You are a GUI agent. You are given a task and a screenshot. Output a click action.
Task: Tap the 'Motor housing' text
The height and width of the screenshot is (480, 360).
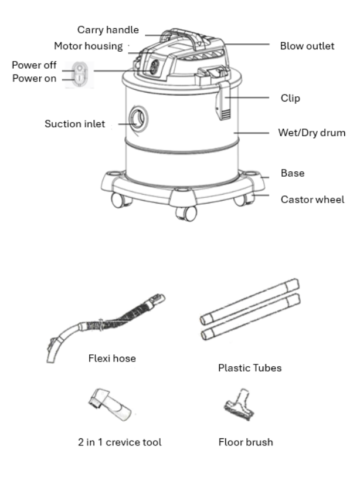click(x=88, y=46)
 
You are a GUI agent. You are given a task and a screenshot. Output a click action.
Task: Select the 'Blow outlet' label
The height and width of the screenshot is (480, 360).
click(x=307, y=46)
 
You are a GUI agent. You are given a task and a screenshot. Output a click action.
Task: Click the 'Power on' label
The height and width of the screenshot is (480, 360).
click(x=35, y=79)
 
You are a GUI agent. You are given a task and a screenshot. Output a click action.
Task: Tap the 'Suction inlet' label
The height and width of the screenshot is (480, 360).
click(x=75, y=124)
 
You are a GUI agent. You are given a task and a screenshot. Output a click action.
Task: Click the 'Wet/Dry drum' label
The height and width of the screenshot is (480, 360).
click(x=311, y=133)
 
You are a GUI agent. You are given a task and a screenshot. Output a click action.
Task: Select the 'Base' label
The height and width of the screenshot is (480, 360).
click(x=292, y=173)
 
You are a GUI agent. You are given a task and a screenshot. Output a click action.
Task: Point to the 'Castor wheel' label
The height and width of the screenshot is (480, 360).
click(x=312, y=200)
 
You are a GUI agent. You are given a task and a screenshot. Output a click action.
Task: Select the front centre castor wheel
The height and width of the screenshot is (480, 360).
click(x=185, y=213)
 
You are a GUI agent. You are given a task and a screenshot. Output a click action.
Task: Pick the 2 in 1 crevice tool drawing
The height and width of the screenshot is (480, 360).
click(x=111, y=405)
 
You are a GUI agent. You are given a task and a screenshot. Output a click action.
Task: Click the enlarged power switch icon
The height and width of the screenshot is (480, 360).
click(x=78, y=74)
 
